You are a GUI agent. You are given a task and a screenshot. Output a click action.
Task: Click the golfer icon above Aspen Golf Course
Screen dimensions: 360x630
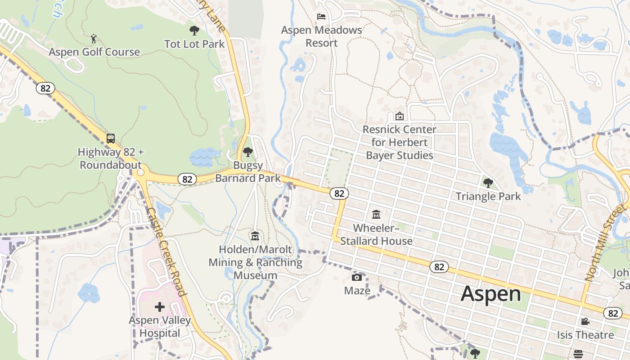click(x=94, y=39)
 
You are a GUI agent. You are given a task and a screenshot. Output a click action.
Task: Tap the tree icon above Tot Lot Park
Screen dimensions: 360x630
click(x=194, y=31)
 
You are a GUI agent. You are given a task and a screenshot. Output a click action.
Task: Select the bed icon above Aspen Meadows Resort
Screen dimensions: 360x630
click(x=321, y=17)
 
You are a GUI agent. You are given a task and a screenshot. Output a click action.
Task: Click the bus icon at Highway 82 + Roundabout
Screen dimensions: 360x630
click(x=111, y=139)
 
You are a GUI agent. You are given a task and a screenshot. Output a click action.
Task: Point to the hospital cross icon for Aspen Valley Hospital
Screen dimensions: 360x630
click(x=160, y=307)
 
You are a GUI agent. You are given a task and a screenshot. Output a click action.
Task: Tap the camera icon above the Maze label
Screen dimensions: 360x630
click(x=357, y=277)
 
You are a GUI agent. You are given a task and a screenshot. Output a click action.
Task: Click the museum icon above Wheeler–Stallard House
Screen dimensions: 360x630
click(x=376, y=215)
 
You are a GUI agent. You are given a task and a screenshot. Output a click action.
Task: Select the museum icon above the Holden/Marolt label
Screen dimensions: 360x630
click(x=255, y=236)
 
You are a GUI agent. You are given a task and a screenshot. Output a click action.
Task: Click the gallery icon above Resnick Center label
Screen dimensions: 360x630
click(x=399, y=116)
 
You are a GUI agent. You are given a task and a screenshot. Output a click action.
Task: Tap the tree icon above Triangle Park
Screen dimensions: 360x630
click(x=488, y=183)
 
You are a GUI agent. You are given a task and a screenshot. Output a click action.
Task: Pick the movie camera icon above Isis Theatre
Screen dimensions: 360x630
click(x=585, y=322)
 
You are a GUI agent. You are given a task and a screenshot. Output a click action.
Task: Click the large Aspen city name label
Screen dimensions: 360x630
click(x=490, y=294)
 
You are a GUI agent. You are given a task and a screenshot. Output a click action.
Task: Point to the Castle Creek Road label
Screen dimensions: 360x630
click(x=167, y=252)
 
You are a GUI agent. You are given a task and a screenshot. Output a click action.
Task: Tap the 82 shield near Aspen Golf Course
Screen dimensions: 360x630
click(x=45, y=88)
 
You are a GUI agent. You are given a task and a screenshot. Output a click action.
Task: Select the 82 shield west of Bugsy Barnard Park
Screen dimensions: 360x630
click(x=187, y=179)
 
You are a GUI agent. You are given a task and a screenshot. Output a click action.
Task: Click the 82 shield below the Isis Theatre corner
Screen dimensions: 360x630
click(x=612, y=313)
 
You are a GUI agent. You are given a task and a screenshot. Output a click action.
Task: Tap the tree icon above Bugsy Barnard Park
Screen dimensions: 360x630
click(x=247, y=152)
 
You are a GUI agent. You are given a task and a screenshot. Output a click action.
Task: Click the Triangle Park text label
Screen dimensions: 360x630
click(x=488, y=196)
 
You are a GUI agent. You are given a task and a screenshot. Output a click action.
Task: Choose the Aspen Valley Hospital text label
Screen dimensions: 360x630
click(x=160, y=327)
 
